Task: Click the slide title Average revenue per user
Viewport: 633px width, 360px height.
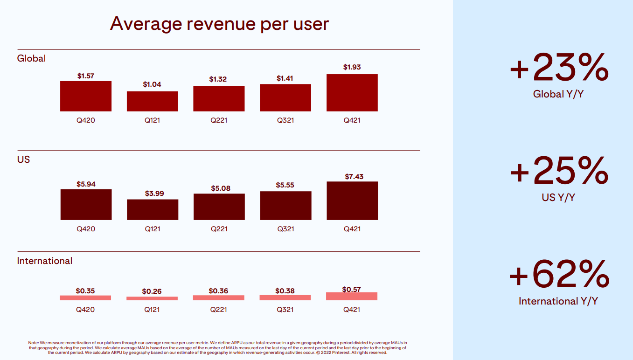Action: (219, 23)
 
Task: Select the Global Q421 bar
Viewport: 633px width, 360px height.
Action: (352, 93)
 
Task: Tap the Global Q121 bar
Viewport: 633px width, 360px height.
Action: (152, 101)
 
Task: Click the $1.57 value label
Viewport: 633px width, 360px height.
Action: (86, 76)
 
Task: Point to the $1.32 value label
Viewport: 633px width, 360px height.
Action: (218, 79)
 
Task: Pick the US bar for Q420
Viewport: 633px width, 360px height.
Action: (86, 205)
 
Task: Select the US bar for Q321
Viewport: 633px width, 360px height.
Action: (285, 206)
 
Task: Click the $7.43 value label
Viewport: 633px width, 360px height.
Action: (354, 177)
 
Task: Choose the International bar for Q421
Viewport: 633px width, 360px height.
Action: (352, 296)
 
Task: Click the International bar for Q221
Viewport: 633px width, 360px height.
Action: (218, 298)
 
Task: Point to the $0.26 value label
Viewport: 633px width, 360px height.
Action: (152, 291)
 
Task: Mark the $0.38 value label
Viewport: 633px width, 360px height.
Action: (285, 291)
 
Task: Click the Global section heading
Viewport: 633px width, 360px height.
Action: (31, 58)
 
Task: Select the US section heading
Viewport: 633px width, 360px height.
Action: (23, 159)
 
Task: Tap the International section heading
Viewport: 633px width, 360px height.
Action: (45, 261)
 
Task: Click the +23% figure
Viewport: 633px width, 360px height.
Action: (559, 69)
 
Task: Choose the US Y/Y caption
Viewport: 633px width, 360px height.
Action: (558, 197)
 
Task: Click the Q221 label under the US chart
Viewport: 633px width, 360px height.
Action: (219, 229)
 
